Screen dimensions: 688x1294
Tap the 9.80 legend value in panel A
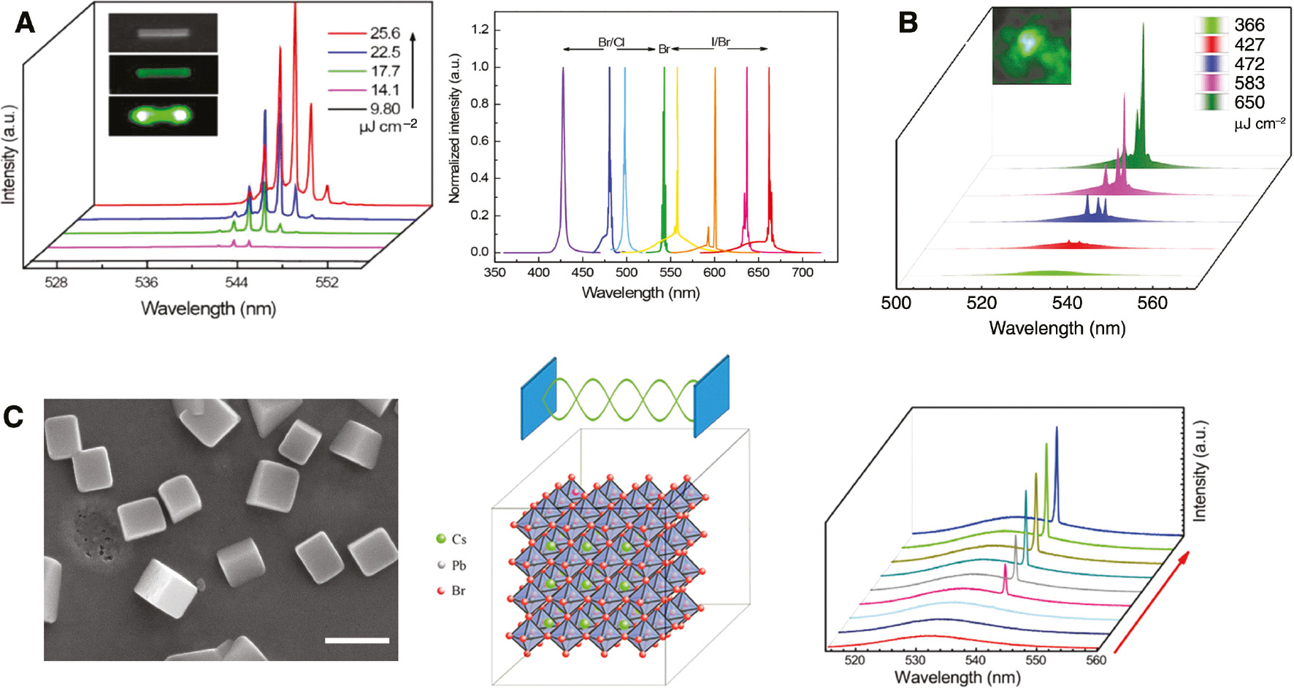385,110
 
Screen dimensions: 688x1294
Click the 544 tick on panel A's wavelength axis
236,283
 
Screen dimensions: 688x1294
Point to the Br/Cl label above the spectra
611,42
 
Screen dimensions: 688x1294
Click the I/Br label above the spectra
721,42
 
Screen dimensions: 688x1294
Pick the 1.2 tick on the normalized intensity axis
480,30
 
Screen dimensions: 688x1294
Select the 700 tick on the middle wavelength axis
803,272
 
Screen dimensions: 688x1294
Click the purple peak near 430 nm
563,146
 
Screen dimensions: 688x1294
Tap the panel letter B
908,23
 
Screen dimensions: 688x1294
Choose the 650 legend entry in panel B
1249,102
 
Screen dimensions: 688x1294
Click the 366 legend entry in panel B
1249,25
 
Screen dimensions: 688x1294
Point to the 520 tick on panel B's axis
981,303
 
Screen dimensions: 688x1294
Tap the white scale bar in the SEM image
356,641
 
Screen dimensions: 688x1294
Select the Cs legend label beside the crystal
459,540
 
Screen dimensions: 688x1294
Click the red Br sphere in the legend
440,591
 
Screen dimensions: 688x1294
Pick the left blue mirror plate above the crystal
539,398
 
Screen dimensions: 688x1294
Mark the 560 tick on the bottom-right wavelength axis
1096,660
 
